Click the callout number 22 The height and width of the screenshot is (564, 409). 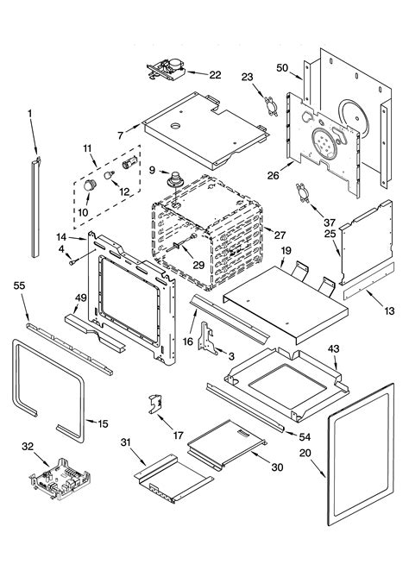coord(215,75)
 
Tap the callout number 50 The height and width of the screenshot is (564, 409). coord(282,67)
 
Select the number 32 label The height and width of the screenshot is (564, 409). coord(28,447)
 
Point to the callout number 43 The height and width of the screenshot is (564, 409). coord(333,348)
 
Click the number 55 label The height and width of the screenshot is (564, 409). coord(20,285)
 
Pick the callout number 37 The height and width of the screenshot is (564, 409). coord(329,222)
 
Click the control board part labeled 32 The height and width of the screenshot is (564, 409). coord(60,479)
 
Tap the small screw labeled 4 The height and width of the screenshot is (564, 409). coord(72,262)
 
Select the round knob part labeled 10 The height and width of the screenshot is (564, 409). coord(90,185)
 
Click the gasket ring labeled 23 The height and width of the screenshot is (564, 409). coord(271,106)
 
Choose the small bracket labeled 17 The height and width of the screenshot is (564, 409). coord(154,404)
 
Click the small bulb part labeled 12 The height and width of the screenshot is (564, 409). coord(109,175)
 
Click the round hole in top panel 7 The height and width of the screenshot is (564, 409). coord(175,126)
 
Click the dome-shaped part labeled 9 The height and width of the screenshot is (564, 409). coord(175,179)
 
